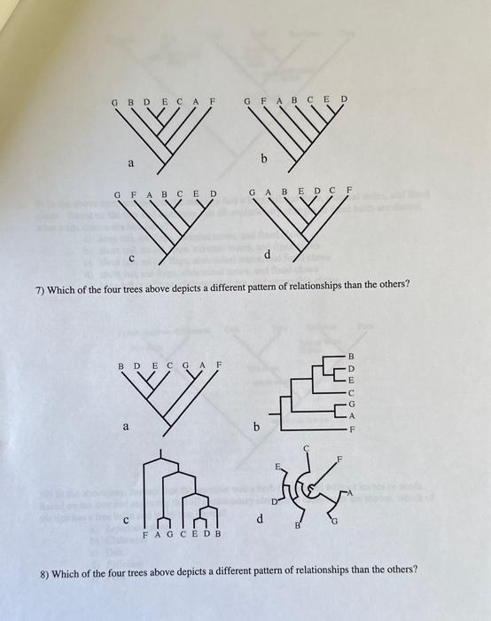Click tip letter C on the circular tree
coord(307,449)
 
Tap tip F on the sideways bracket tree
coord(350,428)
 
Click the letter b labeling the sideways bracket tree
coord(256,427)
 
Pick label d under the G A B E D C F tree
coord(266,255)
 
